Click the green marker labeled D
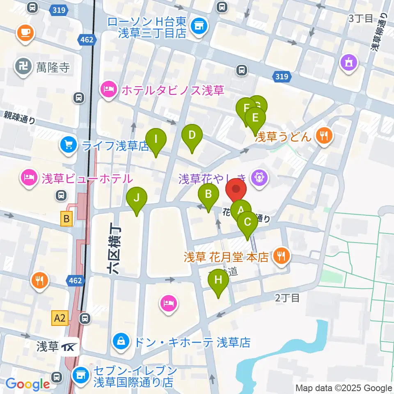click(192, 135)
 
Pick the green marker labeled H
click(218, 281)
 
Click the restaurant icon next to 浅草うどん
click(325, 135)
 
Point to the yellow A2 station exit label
click(60, 317)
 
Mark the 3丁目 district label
click(360, 18)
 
